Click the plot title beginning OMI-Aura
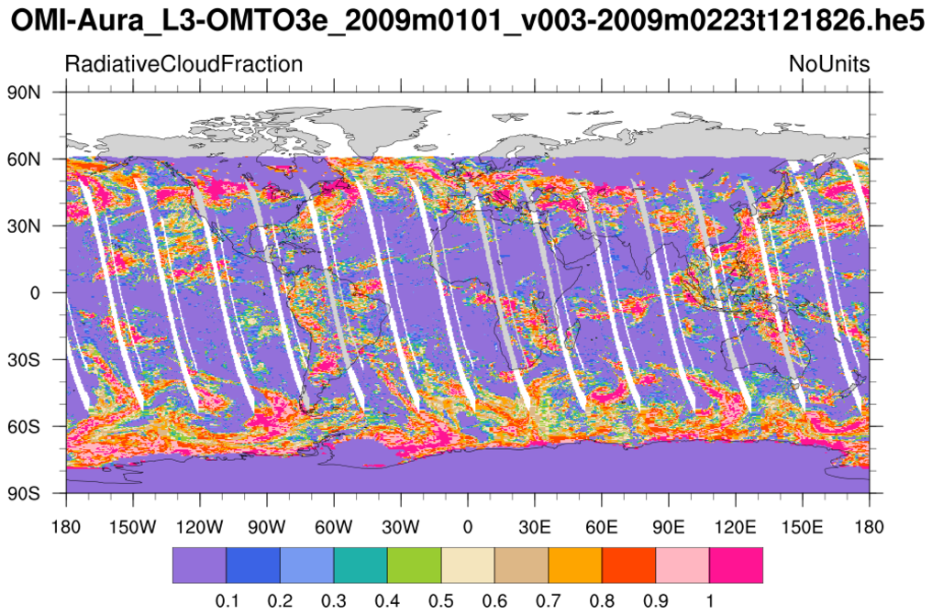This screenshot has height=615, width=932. [x=466, y=22]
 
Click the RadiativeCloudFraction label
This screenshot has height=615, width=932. [x=183, y=65]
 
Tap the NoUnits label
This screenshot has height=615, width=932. [x=829, y=65]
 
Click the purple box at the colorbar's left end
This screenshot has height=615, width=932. [x=199, y=566]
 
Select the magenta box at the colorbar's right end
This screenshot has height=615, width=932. [x=737, y=566]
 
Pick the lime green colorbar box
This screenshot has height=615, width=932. [x=414, y=566]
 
